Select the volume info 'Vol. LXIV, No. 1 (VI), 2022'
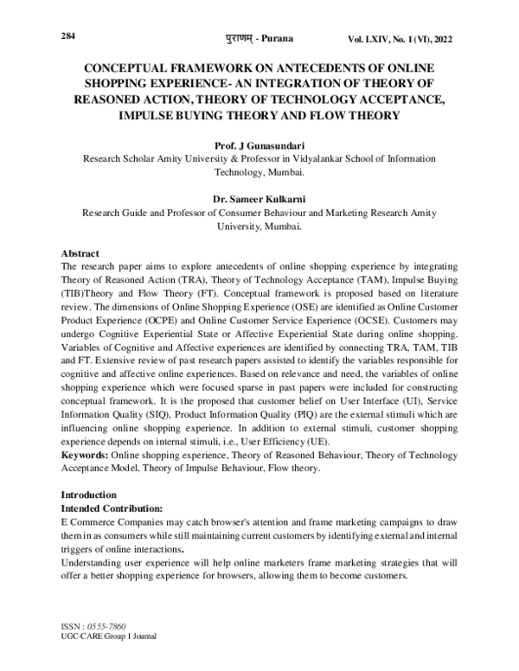pos(399,40)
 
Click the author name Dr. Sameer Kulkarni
pos(259,196)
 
